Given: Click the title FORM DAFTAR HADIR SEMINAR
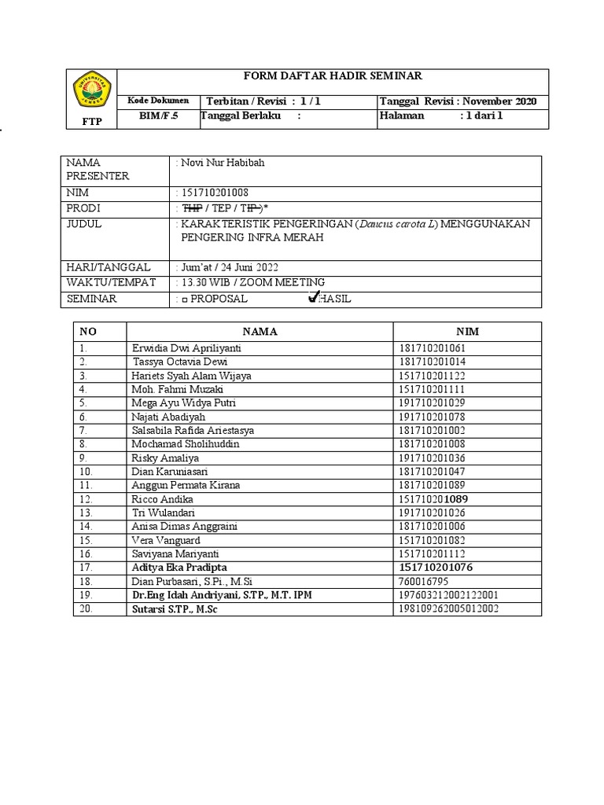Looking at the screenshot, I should [x=333, y=76].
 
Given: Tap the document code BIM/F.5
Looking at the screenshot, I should [x=158, y=116].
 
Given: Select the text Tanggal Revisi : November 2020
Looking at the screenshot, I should [x=458, y=101].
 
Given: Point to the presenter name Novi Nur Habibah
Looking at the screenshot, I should [x=223, y=163].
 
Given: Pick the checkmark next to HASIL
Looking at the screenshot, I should [x=314, y=297].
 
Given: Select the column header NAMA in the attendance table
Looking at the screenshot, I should [x=260, y=332].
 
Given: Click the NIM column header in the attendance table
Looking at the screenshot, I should [x=467, y=332].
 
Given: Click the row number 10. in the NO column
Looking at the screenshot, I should [x=86, y=472].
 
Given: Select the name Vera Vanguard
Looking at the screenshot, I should [x=166, y=541].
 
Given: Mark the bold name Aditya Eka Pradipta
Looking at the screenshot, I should [x=180, y=568].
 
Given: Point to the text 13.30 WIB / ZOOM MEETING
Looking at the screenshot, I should [x=252, y=282].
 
